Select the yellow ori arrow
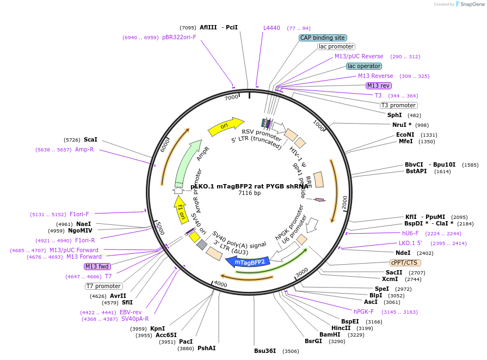(226, 126)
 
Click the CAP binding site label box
(322, 38)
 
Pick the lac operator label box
(363, 66)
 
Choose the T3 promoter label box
(398, 105)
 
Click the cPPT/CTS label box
(405, 263)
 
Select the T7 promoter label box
(104, 286)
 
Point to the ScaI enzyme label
(90, 139)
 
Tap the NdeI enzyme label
(403, 253)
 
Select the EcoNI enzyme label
(405, 135)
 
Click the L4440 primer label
(272, 28)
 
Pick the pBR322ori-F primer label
(179, 38)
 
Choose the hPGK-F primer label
(363, 312)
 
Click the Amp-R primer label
(84, 149)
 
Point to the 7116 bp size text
(250, 193)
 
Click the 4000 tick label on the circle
(220, 284)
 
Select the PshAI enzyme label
(206, 348)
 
